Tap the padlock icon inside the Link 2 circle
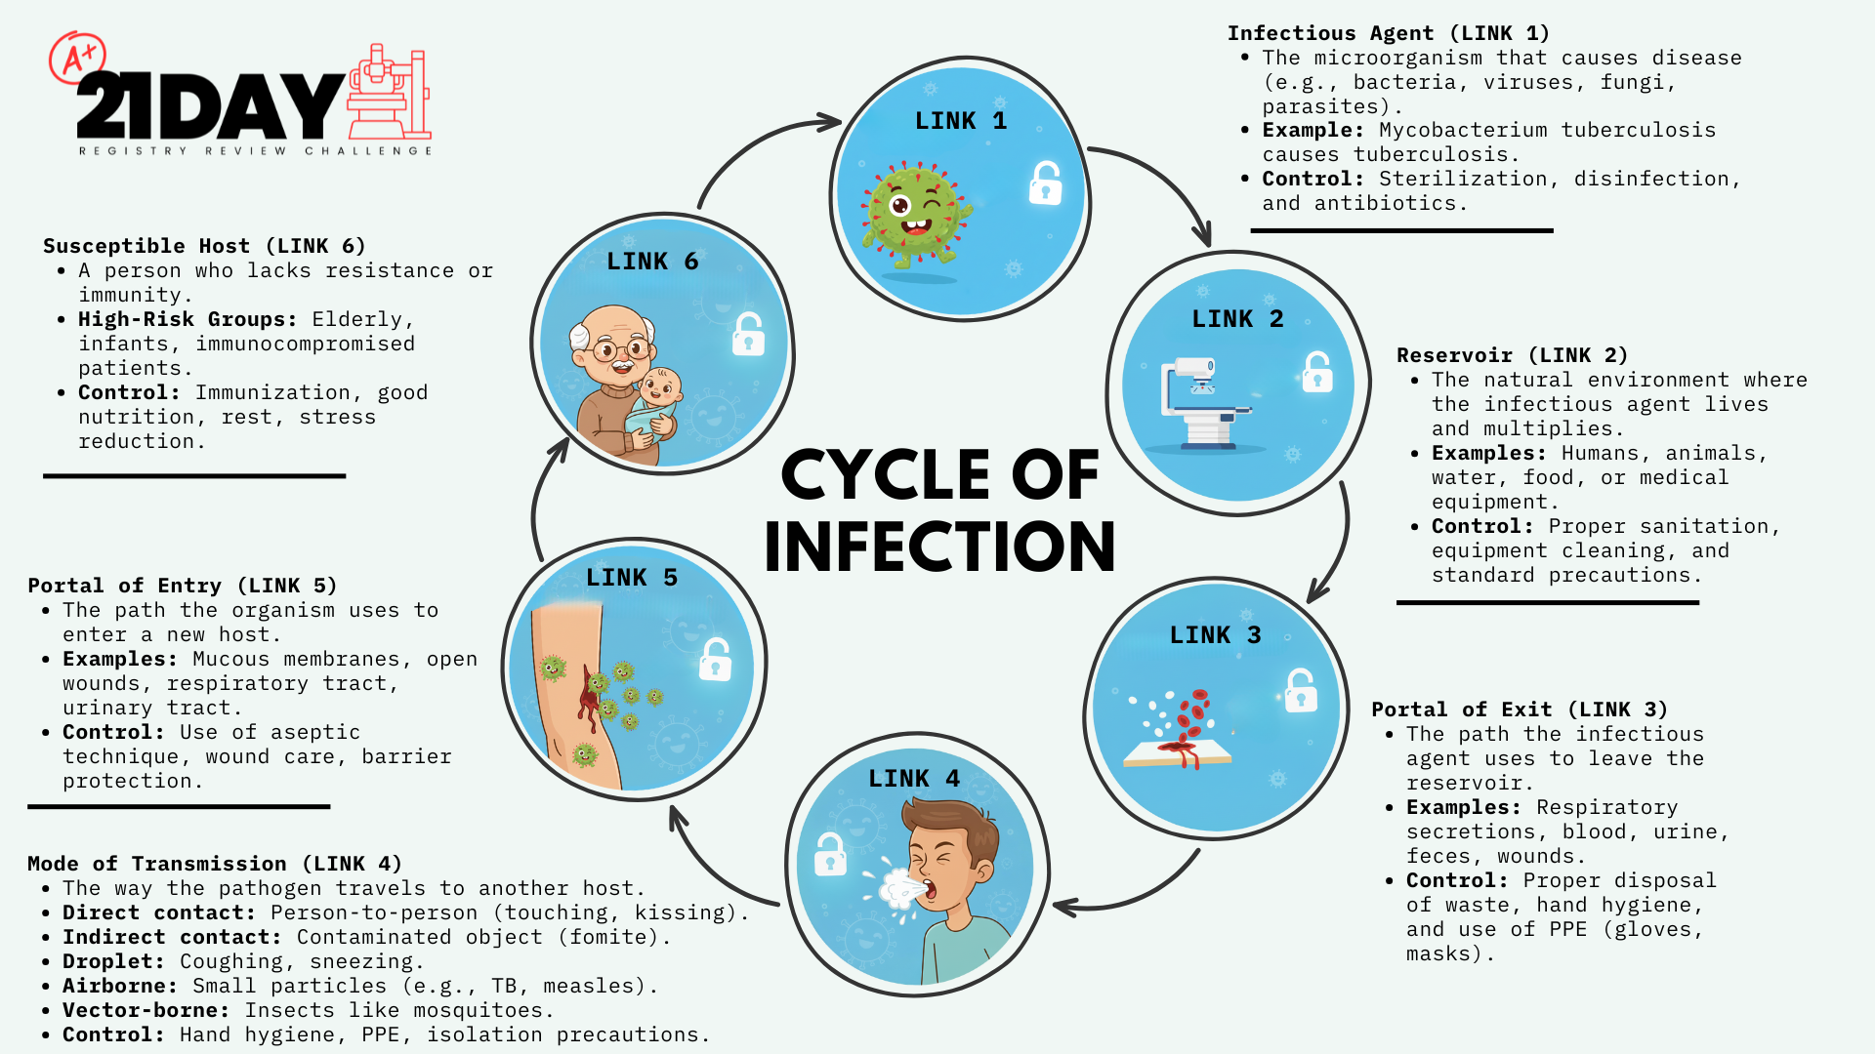point(1316,372)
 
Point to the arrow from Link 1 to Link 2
point(1167,182)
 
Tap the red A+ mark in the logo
point(77,58)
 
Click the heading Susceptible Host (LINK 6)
point(204,246)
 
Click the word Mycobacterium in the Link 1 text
point(1463,131)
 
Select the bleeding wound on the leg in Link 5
point(590,697)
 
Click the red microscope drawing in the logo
point(389,92)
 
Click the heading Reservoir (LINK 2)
point(1513,355)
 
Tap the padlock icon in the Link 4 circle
point(830,854)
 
